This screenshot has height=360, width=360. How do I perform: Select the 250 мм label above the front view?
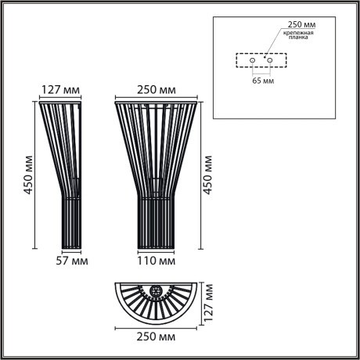pos(157,88)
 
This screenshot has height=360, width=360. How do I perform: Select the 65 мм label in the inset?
pos(263,80)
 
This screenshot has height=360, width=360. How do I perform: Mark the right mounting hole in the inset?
pos(270,59)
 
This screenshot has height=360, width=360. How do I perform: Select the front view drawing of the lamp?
pos(157,172)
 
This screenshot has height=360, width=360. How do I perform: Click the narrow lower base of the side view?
pos(71,223)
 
